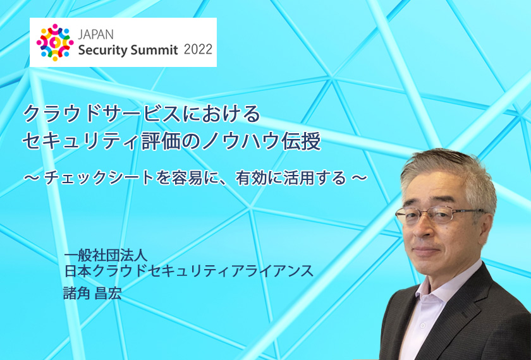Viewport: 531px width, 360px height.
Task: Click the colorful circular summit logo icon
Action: click(55, 42)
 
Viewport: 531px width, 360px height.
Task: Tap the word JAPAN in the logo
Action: click(96, 35)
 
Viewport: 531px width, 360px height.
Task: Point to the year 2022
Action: click(198, 49)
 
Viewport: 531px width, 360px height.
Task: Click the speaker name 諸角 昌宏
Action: click(92, 293)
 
